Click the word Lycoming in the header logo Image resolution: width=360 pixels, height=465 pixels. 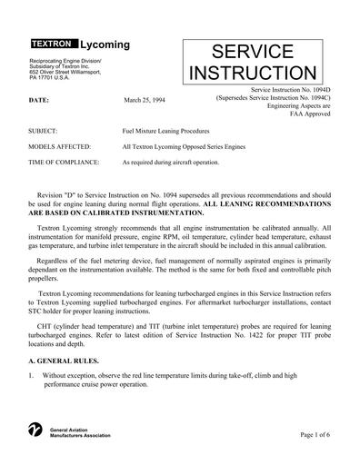105,44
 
